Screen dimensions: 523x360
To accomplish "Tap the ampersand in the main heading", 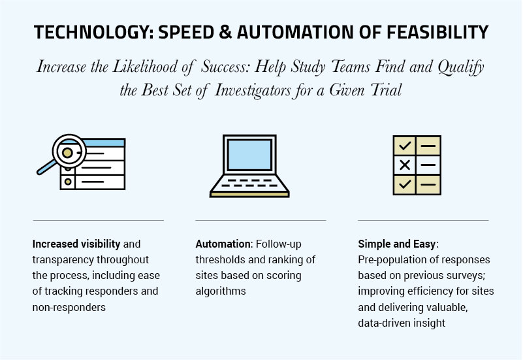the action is point(225,33).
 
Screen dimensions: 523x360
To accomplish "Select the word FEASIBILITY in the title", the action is point(437,33).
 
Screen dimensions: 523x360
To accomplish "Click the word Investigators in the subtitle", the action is point(253,90).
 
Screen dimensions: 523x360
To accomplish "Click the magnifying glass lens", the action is point(69,152).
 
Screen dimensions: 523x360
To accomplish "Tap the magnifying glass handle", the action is point(46,167).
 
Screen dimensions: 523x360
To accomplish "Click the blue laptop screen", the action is point(249,155).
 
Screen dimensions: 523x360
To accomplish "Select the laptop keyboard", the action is point(249,184).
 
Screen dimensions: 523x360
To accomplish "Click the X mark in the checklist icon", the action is point(405,165).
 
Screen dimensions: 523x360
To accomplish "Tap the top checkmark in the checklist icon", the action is point(405,146).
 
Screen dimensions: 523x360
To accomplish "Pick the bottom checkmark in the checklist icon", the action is point(405,184).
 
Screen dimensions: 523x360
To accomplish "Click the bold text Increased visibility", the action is point(76,244).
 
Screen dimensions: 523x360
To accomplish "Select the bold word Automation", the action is point(223,244).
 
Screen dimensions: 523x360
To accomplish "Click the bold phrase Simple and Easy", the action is point(397,244).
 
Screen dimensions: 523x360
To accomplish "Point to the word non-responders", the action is point(69,307).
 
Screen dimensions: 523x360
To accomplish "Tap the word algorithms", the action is point(221,291).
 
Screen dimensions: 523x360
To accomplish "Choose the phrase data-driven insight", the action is point(402,323).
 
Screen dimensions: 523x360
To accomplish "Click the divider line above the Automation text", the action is point(261,220).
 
